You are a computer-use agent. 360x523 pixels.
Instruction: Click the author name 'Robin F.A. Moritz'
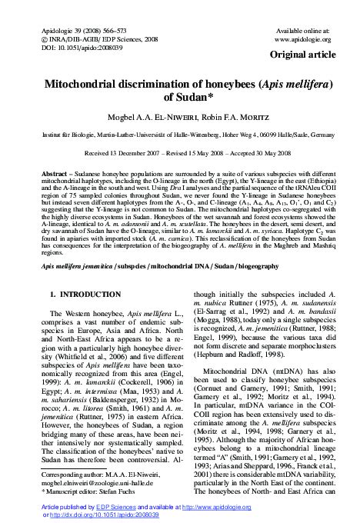pos(224,119)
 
